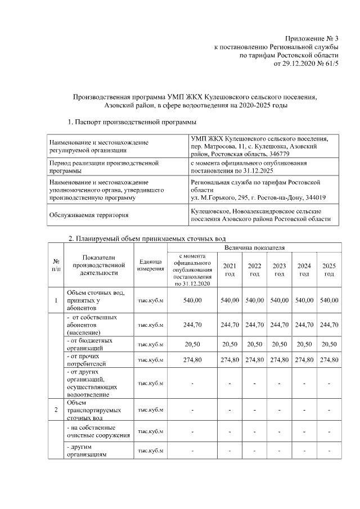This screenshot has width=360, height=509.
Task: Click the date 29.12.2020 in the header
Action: point(297,64)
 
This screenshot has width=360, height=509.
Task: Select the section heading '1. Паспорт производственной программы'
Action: point(132,121)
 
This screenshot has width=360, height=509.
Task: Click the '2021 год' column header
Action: point(229,269)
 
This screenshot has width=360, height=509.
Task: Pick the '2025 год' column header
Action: point(328,269)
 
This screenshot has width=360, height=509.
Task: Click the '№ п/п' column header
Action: point(56,265)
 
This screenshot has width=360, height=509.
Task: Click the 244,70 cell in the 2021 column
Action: point(229,325)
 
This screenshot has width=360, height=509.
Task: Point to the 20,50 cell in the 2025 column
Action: point(328,344)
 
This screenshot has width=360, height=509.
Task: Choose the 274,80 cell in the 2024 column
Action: point(304,359)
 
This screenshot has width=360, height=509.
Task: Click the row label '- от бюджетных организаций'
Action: point(89,344)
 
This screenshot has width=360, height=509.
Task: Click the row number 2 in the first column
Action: point(56,410)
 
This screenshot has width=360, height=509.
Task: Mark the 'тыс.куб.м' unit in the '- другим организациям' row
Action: point(150,451)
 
